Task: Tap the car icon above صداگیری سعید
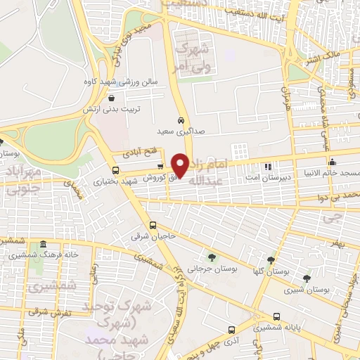(181, 120)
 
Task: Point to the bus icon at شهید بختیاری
(116, 169)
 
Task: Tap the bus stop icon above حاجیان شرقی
(154, 225)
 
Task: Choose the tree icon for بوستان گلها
(271, 259)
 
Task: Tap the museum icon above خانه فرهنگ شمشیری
(44, 243)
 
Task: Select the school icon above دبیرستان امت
(267, 167)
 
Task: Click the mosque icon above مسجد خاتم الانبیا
(332, 163)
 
